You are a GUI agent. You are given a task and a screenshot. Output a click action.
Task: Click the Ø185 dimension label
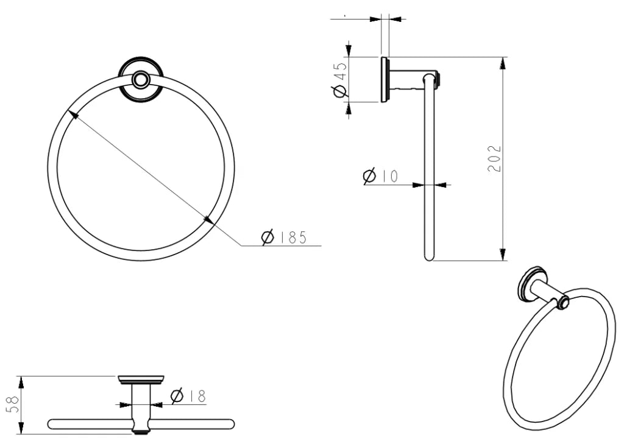click(x=283, y=238)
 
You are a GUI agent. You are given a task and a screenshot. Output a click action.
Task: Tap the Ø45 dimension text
click(x=340, y=79)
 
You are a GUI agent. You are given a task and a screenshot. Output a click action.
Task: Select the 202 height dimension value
click(x=495, y=158)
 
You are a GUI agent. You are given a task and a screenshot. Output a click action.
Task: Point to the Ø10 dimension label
click(x=380, y=177)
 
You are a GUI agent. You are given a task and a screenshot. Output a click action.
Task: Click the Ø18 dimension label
click(x=188, y=396)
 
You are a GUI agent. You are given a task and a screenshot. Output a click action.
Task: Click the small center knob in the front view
click(x=141, y=79)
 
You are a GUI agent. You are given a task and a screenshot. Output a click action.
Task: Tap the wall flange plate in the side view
click(x=385, y=79)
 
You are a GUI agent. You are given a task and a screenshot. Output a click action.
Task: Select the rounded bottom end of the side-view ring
click(x=429, y=256)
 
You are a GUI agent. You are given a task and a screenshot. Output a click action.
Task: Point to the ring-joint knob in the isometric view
click(x=562, y=302)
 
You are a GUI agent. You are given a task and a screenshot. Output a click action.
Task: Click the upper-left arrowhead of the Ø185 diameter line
click(x=73, y=114)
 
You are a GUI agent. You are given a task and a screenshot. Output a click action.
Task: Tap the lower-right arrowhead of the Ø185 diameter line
click(x=208, y=220)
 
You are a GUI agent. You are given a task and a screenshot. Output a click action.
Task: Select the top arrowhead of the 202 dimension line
click(x=503, y=63)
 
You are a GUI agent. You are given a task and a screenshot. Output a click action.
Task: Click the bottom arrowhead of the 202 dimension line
click(x=503, y=255)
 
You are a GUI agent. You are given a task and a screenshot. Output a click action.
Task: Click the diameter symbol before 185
click(x=268, y=238)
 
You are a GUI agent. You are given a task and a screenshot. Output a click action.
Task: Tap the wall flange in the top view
click(x=141, y=380)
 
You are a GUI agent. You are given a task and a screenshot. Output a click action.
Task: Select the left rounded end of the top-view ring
click(x=52, y=424)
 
